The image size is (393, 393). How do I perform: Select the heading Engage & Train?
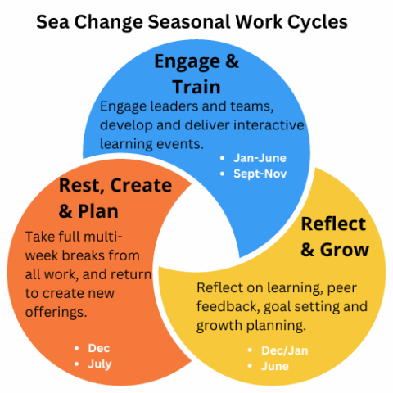187,74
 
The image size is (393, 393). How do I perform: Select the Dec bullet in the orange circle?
99,348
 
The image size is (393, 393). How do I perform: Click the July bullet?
100,364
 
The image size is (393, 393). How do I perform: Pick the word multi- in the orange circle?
129,236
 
